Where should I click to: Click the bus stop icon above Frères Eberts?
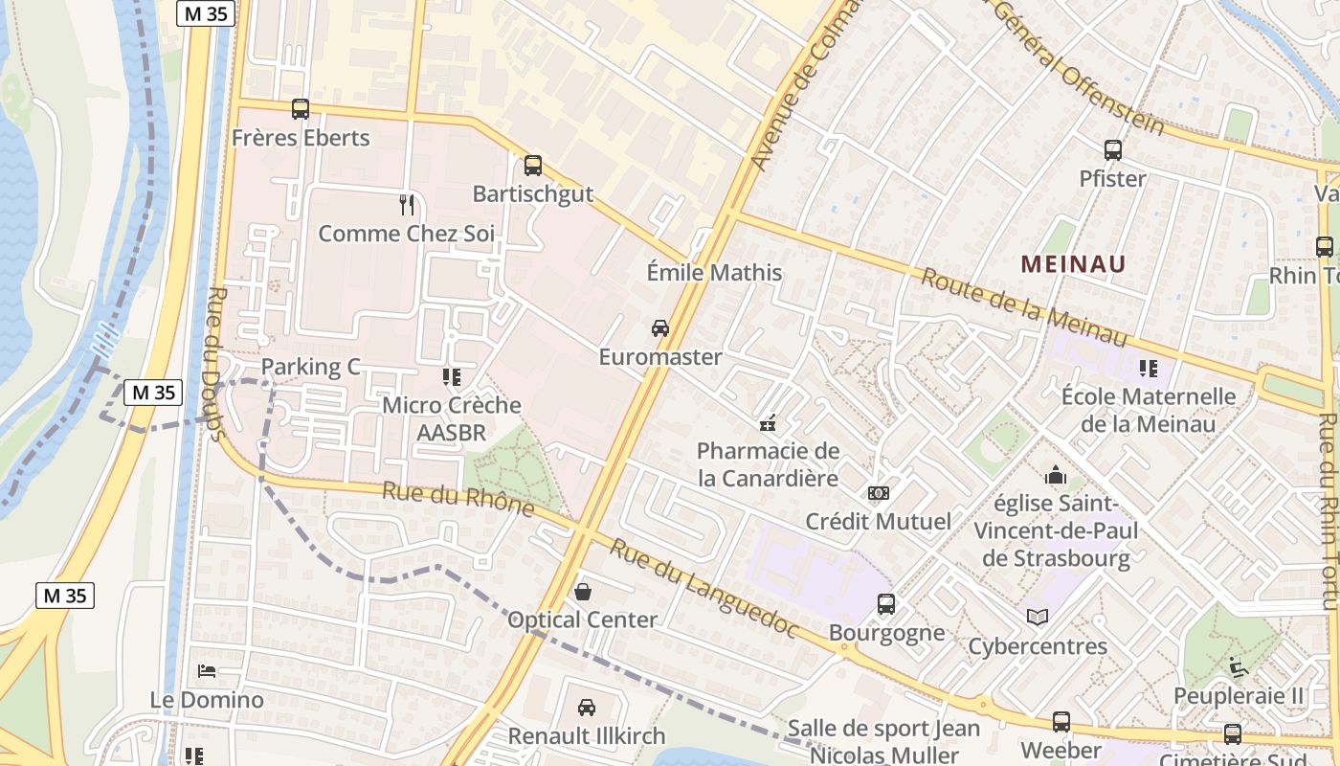pos(301,109)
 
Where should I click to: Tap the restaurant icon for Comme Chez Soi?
pos(407,204)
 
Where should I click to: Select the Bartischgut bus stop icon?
pos(533,166)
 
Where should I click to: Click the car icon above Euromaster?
pos(660,328)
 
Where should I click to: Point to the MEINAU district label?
pos(1073,263)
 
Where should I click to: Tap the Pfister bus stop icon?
pos(1113,150)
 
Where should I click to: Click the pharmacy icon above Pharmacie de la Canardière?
pos(767,422)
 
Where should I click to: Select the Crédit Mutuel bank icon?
pos(878,493)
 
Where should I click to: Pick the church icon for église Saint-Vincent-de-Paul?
pos(1056,475)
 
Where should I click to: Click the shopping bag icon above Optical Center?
pos(583,592)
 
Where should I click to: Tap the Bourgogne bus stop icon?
pos(886,604)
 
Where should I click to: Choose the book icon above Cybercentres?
pos(1038,618)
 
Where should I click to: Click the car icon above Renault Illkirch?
pos(587,708)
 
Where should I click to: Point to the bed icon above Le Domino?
pos(207,671)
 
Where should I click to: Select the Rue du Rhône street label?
pos(458,498)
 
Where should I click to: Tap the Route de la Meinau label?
pos(1024,308)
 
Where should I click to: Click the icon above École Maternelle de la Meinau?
pos(1149,368)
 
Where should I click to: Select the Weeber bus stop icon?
pos(1061,722)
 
